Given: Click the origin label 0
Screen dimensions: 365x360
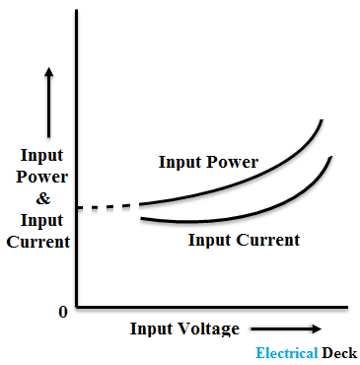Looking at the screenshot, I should coord(62,312).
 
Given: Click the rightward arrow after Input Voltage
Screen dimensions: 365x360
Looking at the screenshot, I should coord(286,328).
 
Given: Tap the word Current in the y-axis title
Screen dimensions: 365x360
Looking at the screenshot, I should coord(37,242).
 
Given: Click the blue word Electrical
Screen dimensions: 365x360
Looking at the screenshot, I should coord(286,353).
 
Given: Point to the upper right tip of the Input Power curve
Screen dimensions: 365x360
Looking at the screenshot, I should coord(322,120).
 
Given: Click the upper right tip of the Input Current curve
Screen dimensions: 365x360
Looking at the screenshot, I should coord(330,156).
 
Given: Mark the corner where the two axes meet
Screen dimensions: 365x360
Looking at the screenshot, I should coord(76,307).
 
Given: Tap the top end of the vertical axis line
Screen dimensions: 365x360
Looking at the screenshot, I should coord(76,10).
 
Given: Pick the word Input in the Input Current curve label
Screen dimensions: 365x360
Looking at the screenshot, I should coord(208,240).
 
